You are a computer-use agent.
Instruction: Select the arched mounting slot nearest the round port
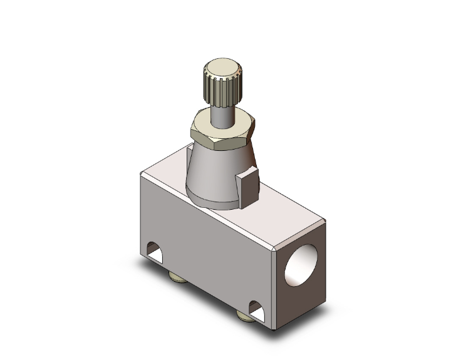pos(257,308)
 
